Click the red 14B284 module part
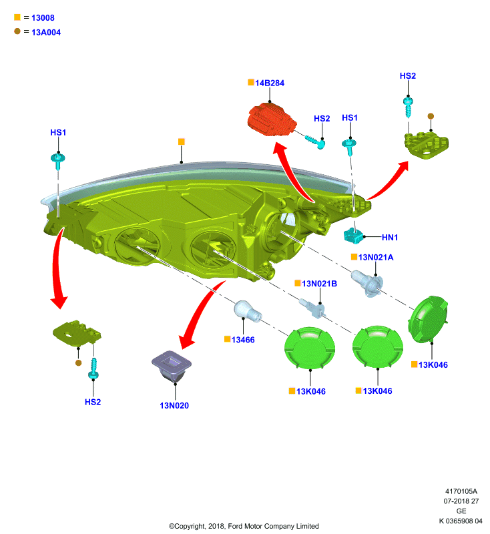[272, 120]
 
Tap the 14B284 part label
[270, 83]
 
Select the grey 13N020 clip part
[172, 366]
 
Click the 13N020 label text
[174, 406]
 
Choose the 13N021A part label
[376, 258]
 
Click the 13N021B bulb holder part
[312, 308]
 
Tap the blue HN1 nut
[354, 236]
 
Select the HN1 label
[390, 238]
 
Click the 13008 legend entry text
[43, 18]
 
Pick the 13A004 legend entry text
[46, 32]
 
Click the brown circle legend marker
[17, 31]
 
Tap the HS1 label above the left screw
[58, 132]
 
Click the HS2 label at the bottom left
[93, 403]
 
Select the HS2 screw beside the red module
[315, 142]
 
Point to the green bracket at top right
[427, 146]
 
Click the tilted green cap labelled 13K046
[429, 319]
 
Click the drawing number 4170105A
[461, 491]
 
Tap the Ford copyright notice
[244, 526]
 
